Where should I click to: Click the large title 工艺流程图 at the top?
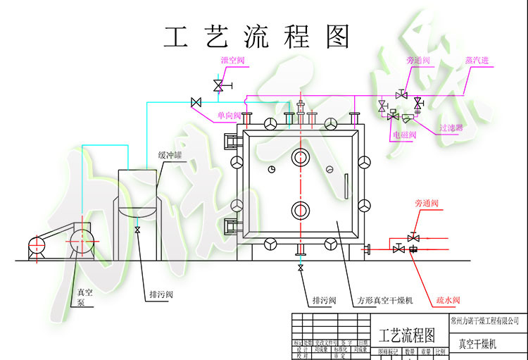(256, 37)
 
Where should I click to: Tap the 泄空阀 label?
(232, 61)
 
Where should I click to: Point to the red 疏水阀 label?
(447, 300)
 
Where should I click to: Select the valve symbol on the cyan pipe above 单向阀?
(196, 103)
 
